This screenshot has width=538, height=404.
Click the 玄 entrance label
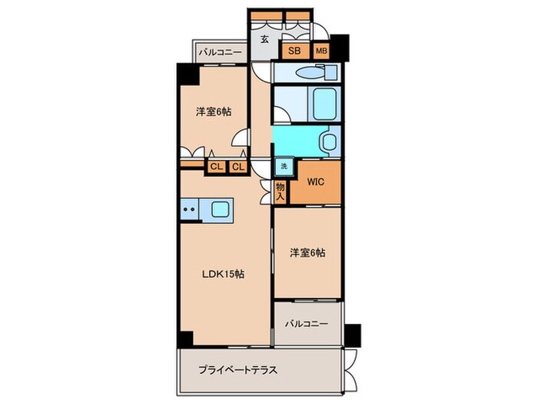264,38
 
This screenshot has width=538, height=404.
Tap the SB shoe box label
294,52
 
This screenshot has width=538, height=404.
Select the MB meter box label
321,52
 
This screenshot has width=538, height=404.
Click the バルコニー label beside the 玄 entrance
220,53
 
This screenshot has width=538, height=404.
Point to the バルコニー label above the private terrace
307,323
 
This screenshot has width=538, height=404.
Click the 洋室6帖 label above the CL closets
213,111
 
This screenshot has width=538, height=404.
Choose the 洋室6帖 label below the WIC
307,252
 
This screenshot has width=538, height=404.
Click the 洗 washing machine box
284,167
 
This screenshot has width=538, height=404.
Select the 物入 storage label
281,191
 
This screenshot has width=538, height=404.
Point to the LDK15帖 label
223,272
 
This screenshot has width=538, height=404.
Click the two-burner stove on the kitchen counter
189,209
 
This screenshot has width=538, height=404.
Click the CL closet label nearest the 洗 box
238,166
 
